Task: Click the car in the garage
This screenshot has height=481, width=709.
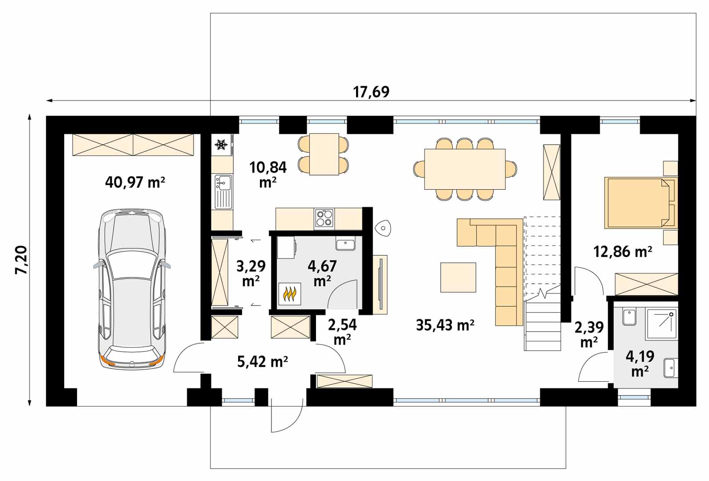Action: coord(132,289)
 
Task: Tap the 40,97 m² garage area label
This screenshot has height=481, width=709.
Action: coord(135,183)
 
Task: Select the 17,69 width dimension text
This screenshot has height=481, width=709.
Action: coord(371,92)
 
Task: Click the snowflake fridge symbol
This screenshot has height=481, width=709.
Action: coord(221,145)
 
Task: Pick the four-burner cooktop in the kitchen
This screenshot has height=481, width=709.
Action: coord(324,218)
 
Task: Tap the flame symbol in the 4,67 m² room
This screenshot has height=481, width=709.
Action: coord(290,294)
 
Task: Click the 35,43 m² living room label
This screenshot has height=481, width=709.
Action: coord(445,325)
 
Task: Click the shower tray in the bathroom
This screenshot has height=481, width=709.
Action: coord(661,324)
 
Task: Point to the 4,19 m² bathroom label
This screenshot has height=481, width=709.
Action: coord(640,363)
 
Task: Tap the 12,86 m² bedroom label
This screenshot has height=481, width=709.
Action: coord(623,252)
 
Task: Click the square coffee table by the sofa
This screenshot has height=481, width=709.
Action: coord(458,277)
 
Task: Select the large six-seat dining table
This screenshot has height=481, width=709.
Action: coord(465,169)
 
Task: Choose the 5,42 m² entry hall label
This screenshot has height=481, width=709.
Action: coord(263,361)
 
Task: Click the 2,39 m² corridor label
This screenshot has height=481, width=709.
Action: coord(589,334)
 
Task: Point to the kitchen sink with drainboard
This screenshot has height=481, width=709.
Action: coord(223,192)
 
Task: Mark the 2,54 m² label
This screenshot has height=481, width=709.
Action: coord(342,331)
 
